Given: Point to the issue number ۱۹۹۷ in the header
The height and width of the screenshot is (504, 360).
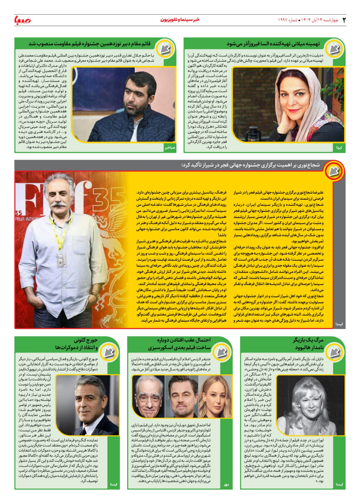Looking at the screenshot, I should tap(286, 20).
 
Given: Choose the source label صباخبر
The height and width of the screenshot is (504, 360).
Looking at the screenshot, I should tap(169, 148).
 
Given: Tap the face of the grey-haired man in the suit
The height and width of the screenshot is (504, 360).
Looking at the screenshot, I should tap(91, 398).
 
